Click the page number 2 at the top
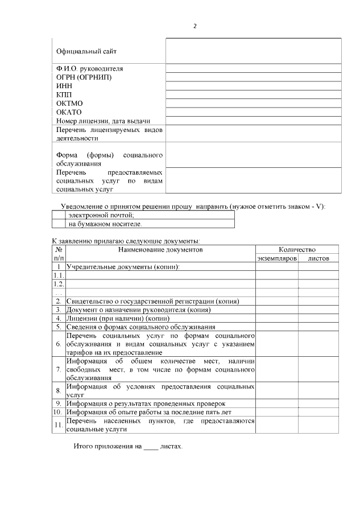pos(195,26)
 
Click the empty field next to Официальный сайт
pos(253,51)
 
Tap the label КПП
pos(64,94)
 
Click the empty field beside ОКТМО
pos(253,103)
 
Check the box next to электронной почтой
pos(59,215)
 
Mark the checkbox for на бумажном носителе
pos(59,224)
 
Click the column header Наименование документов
pos(160,249)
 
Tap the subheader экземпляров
pos(277,258)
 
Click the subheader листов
pos(318,258)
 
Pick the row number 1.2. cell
pos(59,283)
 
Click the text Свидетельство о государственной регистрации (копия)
pos(152,301)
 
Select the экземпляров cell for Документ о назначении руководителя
pos(277,310)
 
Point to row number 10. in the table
pos(58,412)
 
